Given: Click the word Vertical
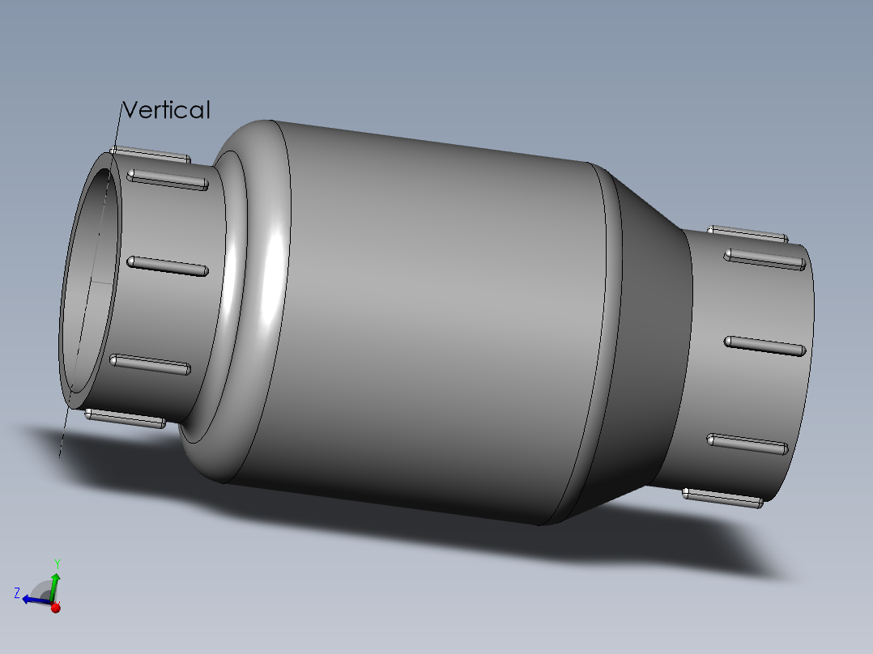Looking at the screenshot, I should point(166,110).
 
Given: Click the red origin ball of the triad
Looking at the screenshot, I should point(55,607).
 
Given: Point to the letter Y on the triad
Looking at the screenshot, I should point(57,563).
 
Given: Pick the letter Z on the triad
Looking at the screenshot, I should point(16,593).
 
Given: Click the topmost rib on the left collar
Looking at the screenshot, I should point(151,154).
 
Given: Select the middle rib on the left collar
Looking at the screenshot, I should point(166,266).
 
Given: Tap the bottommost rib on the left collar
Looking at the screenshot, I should point(125,418).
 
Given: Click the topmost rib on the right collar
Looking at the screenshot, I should point(747,234).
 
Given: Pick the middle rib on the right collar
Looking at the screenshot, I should point(764,346).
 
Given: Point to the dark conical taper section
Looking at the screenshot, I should point(648,340).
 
